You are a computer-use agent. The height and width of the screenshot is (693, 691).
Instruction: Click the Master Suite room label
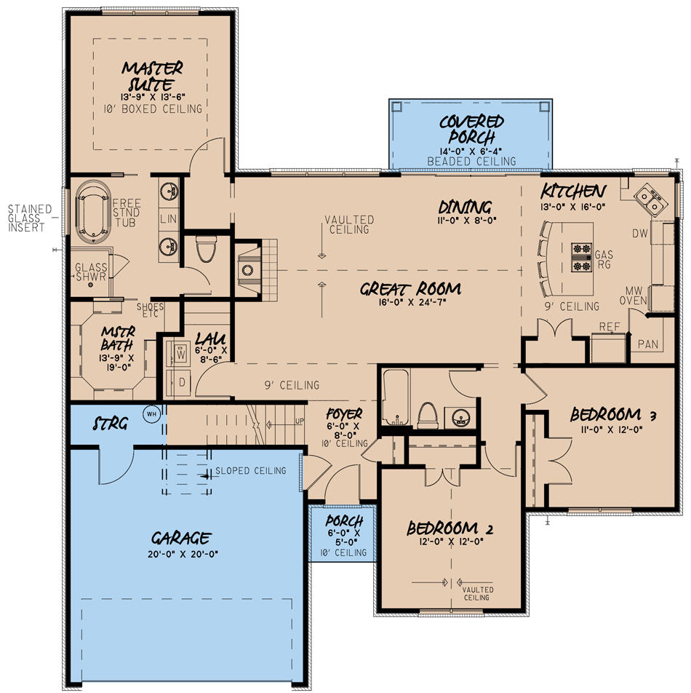152,76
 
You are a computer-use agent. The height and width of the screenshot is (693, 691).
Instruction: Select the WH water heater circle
151,414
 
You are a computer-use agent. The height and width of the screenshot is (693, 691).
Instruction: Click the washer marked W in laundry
181,354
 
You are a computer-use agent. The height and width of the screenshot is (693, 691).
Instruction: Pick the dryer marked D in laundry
181,382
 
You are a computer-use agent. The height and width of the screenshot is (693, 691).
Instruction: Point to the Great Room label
411,289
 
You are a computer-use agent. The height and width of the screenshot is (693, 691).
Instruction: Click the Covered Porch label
471,130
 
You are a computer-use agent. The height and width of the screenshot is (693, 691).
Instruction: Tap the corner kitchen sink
651,199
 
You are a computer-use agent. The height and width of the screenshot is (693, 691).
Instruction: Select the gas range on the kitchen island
581,257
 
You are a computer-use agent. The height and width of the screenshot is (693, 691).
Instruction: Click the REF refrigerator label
610,327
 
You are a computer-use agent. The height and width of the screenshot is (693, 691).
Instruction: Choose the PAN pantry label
648,344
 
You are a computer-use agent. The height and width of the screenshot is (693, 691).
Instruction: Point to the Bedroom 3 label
613,415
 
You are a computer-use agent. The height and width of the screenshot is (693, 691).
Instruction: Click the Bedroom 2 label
450,528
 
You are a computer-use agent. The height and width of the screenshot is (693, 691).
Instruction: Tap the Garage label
181,538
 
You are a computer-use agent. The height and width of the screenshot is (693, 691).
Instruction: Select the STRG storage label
111,424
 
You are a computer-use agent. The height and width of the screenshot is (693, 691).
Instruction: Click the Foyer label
344,413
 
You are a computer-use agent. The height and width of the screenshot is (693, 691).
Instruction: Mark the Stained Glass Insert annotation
30,218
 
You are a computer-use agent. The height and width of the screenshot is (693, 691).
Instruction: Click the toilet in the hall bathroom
428,415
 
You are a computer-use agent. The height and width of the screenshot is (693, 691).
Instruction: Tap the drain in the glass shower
90,285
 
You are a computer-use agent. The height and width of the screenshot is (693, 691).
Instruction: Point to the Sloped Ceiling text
250,471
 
